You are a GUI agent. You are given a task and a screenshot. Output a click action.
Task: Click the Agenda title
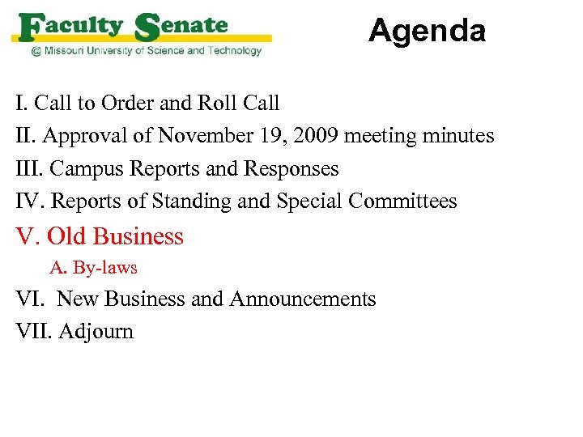point(427,32)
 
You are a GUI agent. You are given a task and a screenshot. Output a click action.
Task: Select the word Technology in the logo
point(234,51)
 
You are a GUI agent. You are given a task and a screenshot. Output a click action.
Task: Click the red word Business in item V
point(138,236)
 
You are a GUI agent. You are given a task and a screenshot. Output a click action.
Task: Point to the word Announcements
point(303,299)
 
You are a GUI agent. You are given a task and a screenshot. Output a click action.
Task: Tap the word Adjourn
point(96,332)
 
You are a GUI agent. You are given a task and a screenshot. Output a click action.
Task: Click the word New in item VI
point(77,299)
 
